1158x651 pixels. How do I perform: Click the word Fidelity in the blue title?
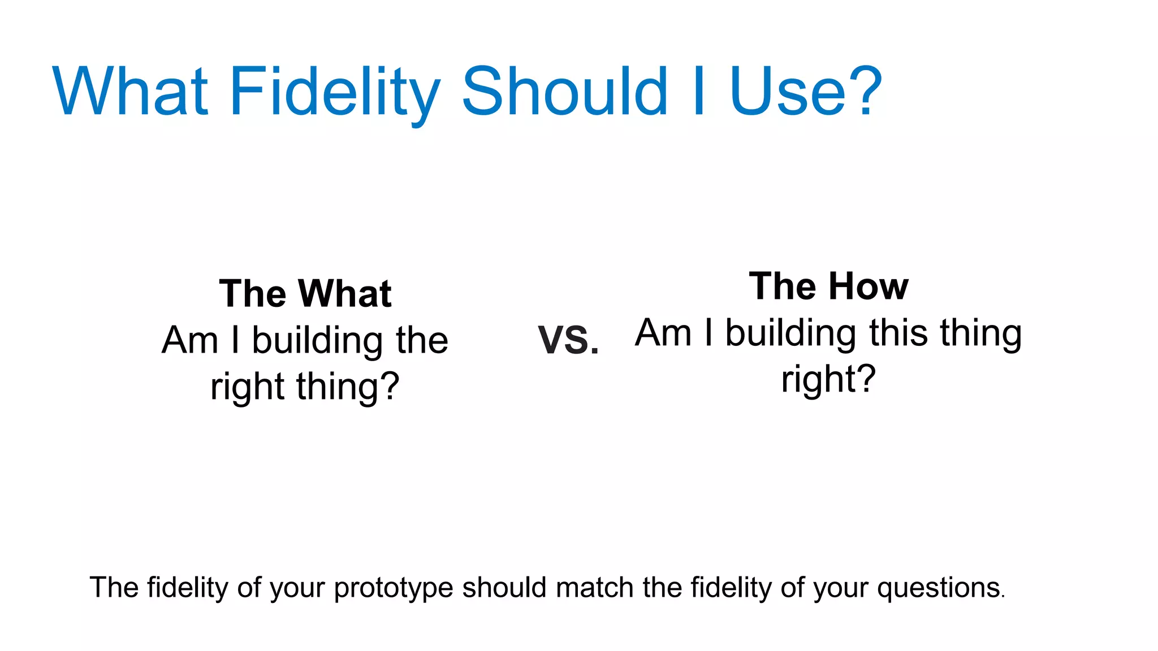[334, 92]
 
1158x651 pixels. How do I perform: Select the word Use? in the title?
[805, 92]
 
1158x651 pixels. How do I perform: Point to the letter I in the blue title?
[699, 92]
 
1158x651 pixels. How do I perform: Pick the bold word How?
[868, 287]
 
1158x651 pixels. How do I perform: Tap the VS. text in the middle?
[568, 341]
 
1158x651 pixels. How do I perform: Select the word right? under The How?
[828, 379]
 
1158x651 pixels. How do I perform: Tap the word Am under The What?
[190, 341]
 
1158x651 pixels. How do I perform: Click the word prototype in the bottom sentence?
[393, 588]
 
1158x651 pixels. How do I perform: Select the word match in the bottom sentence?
[594, 588]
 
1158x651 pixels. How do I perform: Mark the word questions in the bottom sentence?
[939, 588]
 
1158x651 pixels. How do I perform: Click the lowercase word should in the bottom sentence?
[504, 588]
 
